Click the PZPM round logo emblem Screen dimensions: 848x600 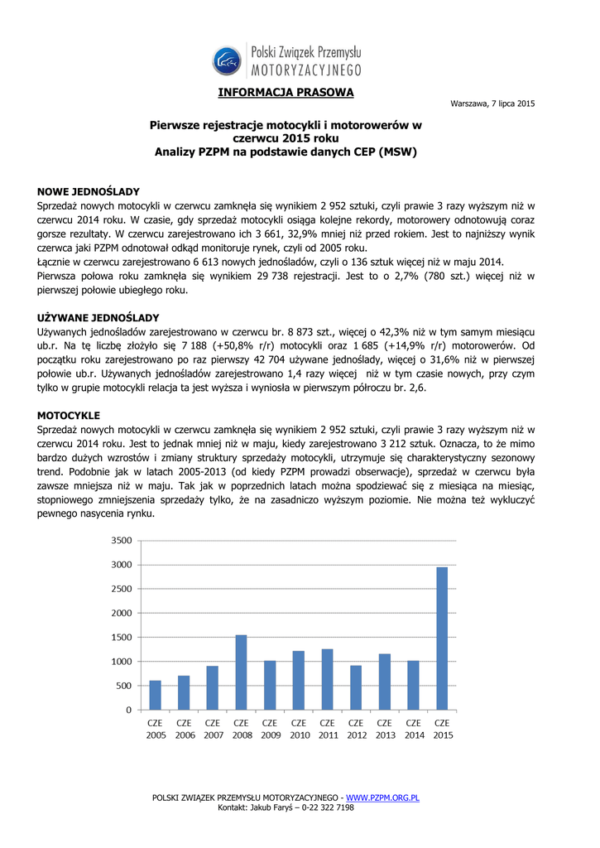pos(228,60)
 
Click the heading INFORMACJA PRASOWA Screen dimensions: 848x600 pos(286,92)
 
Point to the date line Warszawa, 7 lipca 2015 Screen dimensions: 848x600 pos(492,104)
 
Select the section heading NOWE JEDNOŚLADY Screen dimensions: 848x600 pos(89,191)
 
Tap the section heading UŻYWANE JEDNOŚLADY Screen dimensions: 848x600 pos(98,318)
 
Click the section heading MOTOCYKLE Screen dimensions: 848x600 pos(69,414)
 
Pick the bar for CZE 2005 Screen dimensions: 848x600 pos(156,695)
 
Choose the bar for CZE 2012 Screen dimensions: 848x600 pos(357,687)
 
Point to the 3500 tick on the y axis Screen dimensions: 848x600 pos(120,541)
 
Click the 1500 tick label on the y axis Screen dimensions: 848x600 pos(120,638)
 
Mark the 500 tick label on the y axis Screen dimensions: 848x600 pos(122,686)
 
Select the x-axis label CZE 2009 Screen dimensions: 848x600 pos(270,729)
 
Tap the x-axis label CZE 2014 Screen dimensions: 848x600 pos(414,729)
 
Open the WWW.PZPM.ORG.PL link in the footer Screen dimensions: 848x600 pos(382,797)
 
